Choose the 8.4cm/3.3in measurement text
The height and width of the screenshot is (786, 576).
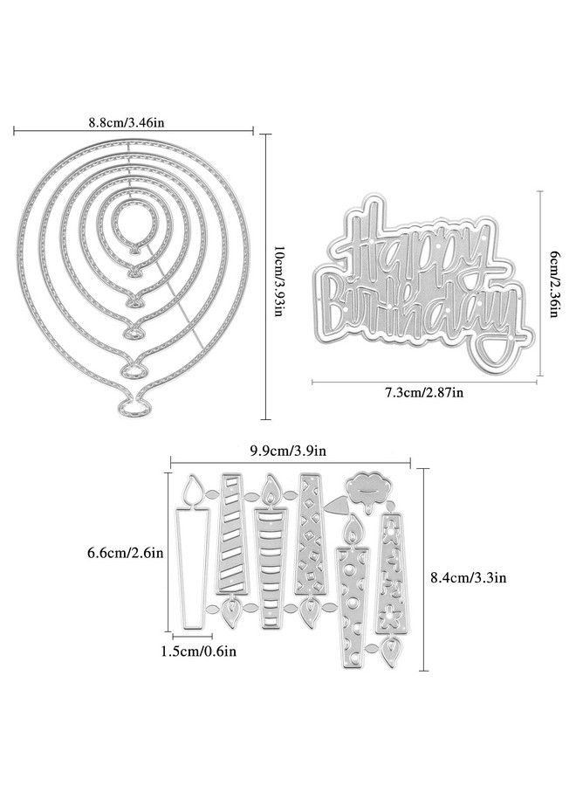click(470, 576)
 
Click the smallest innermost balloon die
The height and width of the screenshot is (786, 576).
click(131, 223)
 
